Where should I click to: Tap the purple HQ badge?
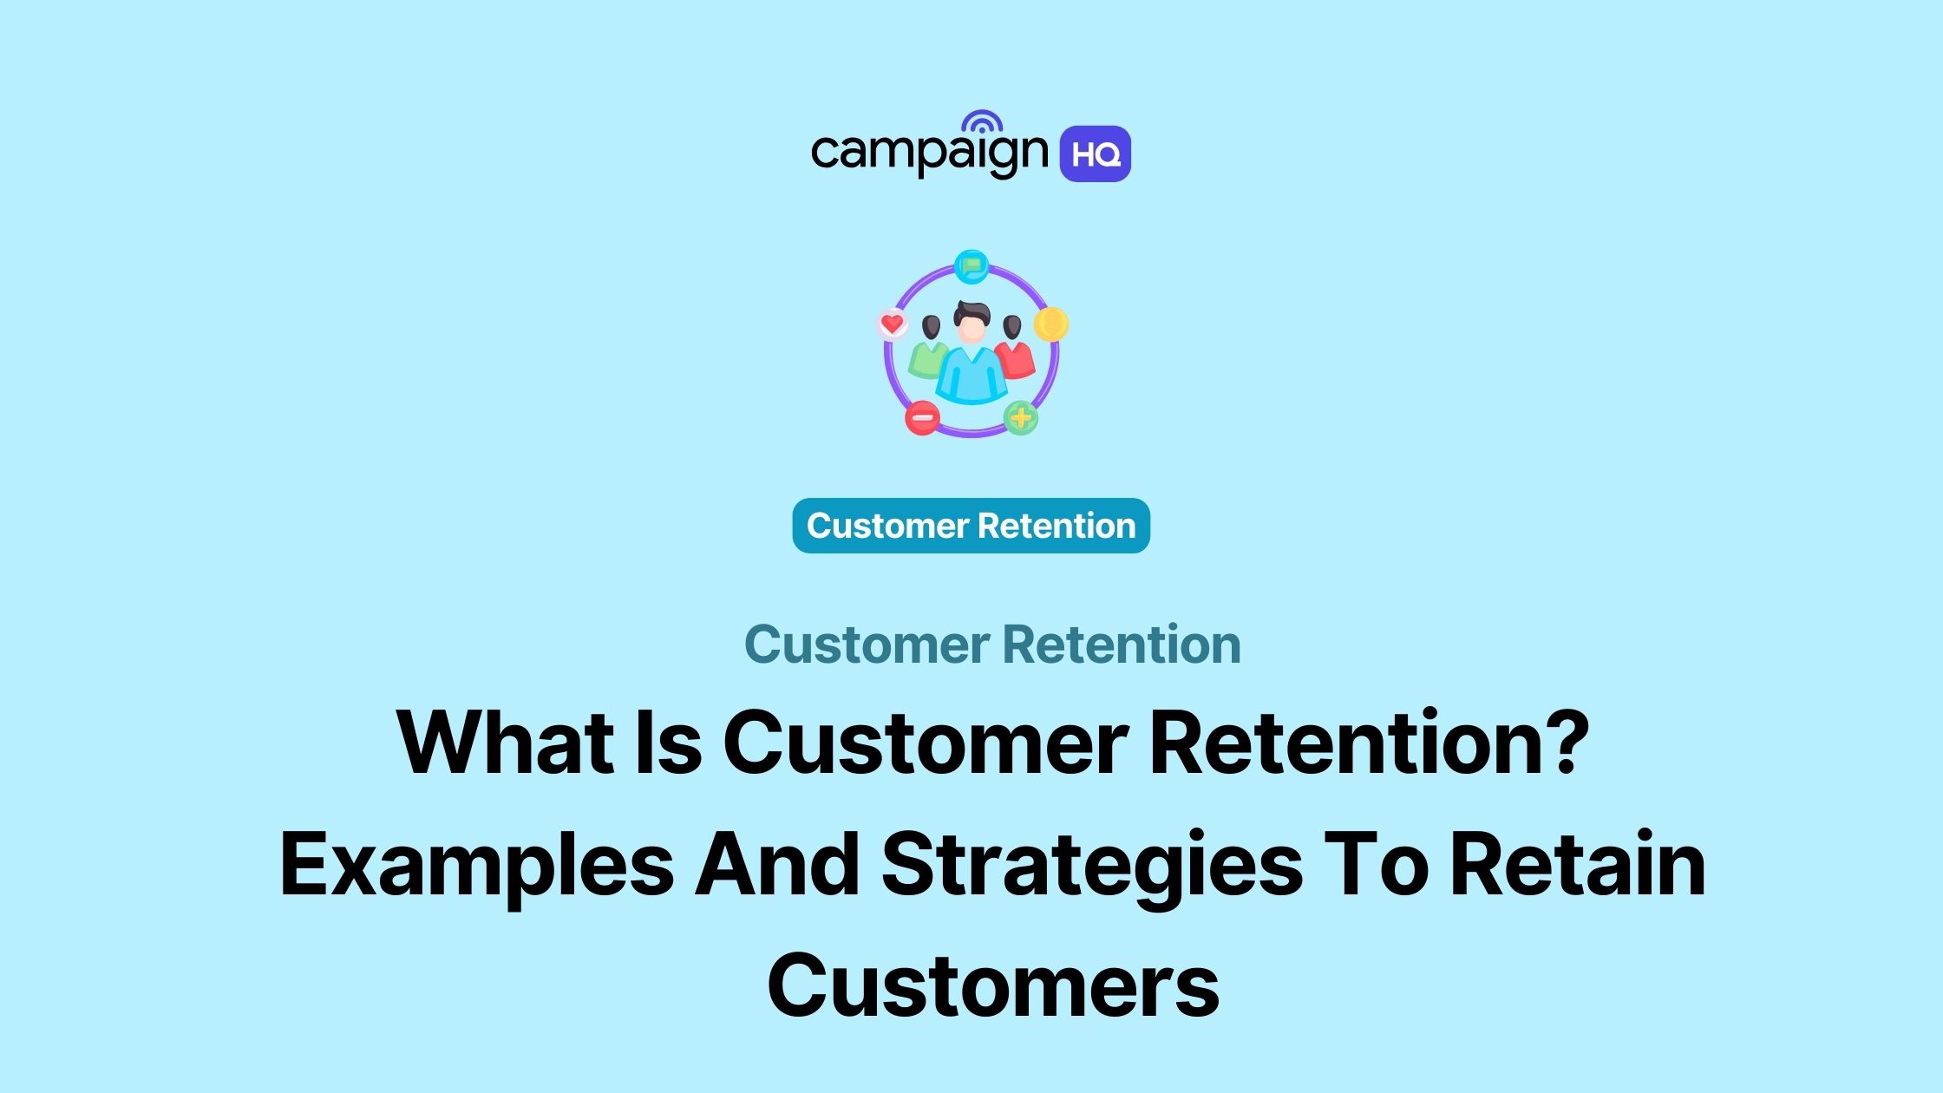pos(1095,154)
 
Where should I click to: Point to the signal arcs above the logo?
pos(981,122)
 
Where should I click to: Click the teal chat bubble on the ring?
pos(971,265)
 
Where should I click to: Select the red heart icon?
pos(892,324)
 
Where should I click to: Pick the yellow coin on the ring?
pos(1051,324)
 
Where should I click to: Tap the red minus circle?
pos(922,418)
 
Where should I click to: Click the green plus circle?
pos(1021,418)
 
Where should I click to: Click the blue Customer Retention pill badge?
pos(971,526)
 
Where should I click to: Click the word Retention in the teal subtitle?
pos(1122,645)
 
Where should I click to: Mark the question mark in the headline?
pos(1567,743)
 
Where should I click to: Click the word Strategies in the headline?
pos(1092,866)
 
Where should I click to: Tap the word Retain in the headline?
pos(1577,864)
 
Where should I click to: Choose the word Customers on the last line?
pos(993,985)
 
